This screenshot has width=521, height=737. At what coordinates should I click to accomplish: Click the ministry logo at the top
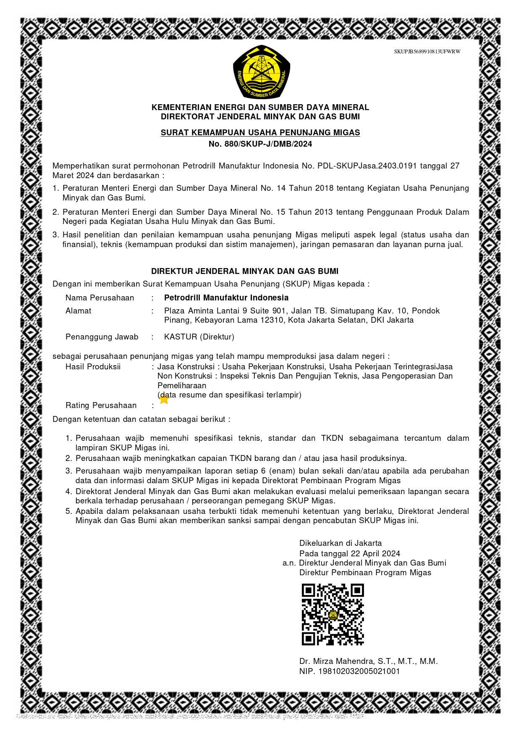click(261, 72)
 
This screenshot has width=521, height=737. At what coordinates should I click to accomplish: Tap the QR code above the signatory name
click(332, 614)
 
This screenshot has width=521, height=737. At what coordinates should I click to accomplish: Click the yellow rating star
click(164, 400)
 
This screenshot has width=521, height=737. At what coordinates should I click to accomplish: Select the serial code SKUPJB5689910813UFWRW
click(427, 52)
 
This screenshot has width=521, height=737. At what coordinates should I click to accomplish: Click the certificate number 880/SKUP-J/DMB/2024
click(268, 144)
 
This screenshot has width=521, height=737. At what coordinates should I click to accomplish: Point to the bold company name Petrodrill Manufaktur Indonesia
click(226, 298)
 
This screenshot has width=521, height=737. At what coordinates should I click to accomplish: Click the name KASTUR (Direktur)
click(199, 337)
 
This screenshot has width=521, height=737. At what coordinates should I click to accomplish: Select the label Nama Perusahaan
click(99, 298)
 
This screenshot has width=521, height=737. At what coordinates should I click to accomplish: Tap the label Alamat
click(78, 311)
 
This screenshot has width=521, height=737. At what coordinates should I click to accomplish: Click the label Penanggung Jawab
click(102, 337)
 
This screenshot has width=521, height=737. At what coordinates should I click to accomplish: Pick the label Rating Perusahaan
click(101, 405)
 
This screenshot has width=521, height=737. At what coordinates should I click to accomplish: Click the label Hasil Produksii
click(93, 367)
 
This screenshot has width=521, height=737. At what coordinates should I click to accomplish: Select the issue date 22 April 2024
click(375, 554)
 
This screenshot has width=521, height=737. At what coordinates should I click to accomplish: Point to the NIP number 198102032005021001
click(359, 671)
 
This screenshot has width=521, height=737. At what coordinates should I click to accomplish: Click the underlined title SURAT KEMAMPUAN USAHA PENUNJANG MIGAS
click(260, 133)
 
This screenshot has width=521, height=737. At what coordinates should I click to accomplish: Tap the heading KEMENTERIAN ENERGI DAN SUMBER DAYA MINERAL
click(260, 108)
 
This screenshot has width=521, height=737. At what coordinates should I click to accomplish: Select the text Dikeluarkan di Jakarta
click(340, 543)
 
